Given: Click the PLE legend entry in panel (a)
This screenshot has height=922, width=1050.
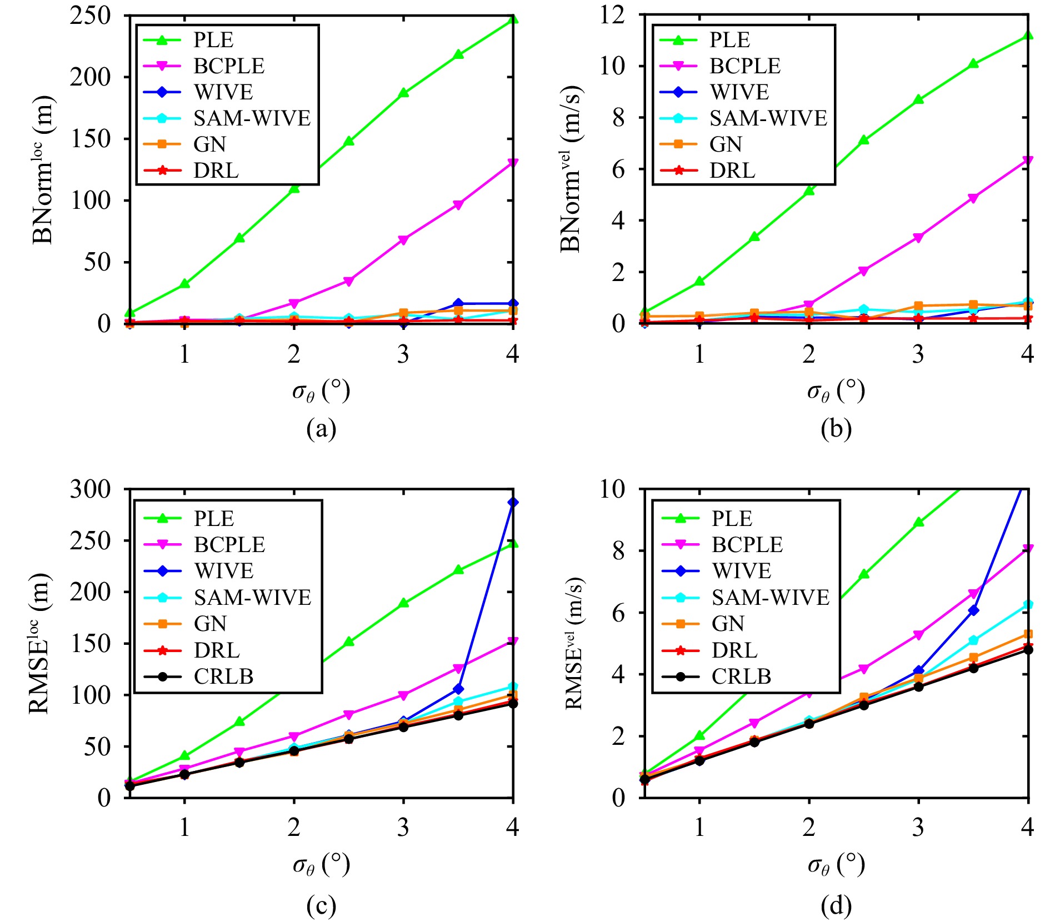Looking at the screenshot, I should click(213, 40).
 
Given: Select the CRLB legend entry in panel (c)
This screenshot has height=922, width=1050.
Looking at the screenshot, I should click(223, 677).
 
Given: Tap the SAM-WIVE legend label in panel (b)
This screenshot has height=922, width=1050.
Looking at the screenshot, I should click(768, 118).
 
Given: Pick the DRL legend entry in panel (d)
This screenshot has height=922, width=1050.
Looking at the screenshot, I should click(734, 650).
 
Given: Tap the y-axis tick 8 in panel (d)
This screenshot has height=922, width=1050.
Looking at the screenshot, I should click(618, 551).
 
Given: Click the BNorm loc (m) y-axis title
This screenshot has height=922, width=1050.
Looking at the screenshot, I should click(43, 169).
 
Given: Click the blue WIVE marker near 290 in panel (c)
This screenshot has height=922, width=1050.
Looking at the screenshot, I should click(513, 502).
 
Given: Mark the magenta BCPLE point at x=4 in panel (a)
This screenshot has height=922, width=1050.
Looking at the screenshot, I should click(513, 163).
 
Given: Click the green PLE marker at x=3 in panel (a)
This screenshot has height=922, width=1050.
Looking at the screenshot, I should click(403, 93).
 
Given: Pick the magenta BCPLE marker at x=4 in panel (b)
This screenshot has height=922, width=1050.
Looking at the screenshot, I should click(1028, 161).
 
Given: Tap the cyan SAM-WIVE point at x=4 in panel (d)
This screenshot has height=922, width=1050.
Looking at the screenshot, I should click(1028, 604).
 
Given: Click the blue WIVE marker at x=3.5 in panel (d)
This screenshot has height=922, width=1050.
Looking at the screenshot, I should click(973, 610).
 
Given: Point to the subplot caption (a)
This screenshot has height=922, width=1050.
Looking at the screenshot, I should click(321, 429).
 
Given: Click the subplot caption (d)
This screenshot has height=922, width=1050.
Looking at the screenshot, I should click(836, 906).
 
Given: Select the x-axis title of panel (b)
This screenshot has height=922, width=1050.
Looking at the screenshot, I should click(836, 392).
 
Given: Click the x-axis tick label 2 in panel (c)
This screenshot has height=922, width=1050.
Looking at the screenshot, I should click(294, 828).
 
